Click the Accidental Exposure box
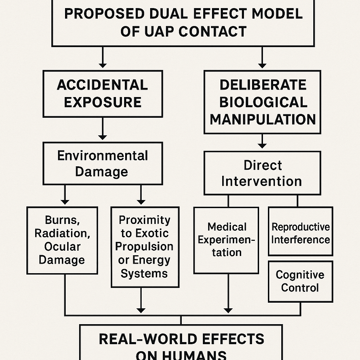coord(102,94)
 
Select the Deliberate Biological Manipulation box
coord(262,102)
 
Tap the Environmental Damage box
coord(102,163)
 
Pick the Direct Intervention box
coord(262,173)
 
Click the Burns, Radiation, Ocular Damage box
coord(62,240)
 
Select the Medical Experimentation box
coord(226,240)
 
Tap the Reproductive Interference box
coord(301,233)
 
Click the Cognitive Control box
coord(300,281)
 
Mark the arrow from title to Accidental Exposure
coord(103,58)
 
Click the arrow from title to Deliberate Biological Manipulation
coord(262,58)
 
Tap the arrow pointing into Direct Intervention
coord(262,142)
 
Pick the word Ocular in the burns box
coord(62,247)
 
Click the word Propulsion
coord(144,247)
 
